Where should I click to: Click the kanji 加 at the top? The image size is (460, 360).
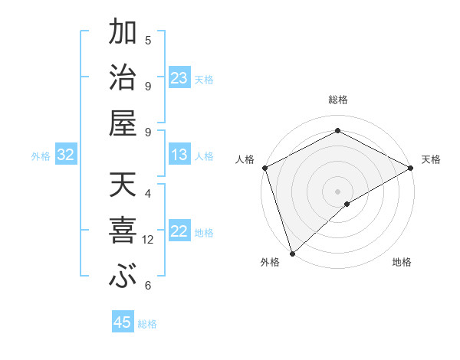[x=122, y=33]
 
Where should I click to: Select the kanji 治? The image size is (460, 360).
[x=122, y=78]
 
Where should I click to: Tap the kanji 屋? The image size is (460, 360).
[x=122, y=123]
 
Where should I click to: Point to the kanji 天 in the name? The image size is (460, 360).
[x=122, y=186]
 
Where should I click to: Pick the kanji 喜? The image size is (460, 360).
[x=122, y=231]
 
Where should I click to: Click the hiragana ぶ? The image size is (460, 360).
[x=122, y=277]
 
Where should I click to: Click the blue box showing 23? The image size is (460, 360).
[x=179, y=78]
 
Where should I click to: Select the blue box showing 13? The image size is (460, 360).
[x=179, y=155]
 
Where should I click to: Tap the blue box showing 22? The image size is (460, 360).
[x=179, y=231]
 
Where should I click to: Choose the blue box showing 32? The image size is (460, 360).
[x=66, y=155]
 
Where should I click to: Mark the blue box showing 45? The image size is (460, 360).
[x=123, y=322]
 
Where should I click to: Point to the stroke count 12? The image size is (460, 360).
[x=148, y=240]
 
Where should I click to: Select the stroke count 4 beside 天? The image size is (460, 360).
[x=148, y=194]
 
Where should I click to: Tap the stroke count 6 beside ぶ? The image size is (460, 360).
[x=148, y=286]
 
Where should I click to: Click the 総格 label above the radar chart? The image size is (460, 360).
[x=338, y=100]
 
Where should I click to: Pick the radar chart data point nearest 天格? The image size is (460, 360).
[x=412, y=168]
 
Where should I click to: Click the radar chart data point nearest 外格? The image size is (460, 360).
[x=292, y=254]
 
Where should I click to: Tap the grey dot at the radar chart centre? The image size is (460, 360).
[x=338, y=191]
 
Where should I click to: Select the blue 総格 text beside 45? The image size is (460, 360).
[x=147, y=323]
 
